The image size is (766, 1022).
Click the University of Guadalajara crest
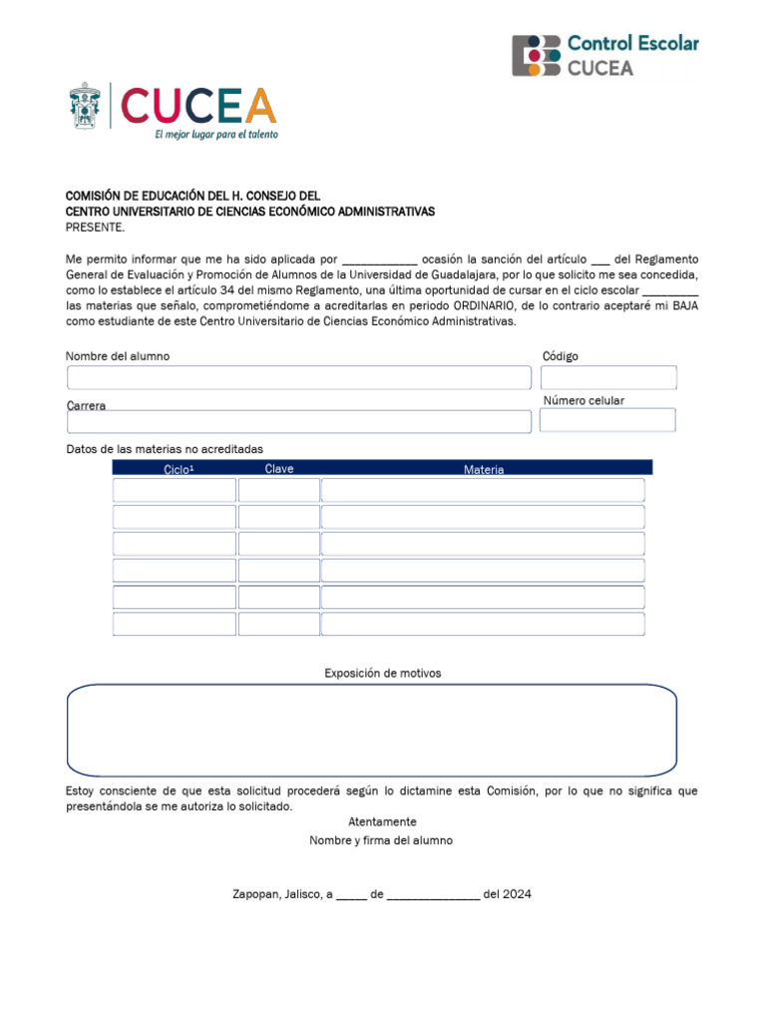[85, 106]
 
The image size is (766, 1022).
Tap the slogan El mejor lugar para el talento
[215, 134]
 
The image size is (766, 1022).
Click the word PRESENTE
[95, 227]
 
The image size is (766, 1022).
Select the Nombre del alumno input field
[299, 377]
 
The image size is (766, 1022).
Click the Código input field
[608, 377]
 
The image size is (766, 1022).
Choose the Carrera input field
[299, 421]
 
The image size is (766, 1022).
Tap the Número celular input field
[607, 420]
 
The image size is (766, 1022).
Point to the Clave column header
[279, 469]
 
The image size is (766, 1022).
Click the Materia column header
[484, 469]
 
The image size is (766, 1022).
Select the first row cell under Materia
[483, 490]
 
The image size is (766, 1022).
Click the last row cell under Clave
[279, 624]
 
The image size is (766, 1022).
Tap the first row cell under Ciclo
[175, 490]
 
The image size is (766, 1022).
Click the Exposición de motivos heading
[382, 674]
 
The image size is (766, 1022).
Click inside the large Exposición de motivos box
[371, 730]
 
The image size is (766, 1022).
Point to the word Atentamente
[382, 821]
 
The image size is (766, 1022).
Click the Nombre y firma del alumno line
[381, 840]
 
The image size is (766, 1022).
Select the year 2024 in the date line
[518, 894]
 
